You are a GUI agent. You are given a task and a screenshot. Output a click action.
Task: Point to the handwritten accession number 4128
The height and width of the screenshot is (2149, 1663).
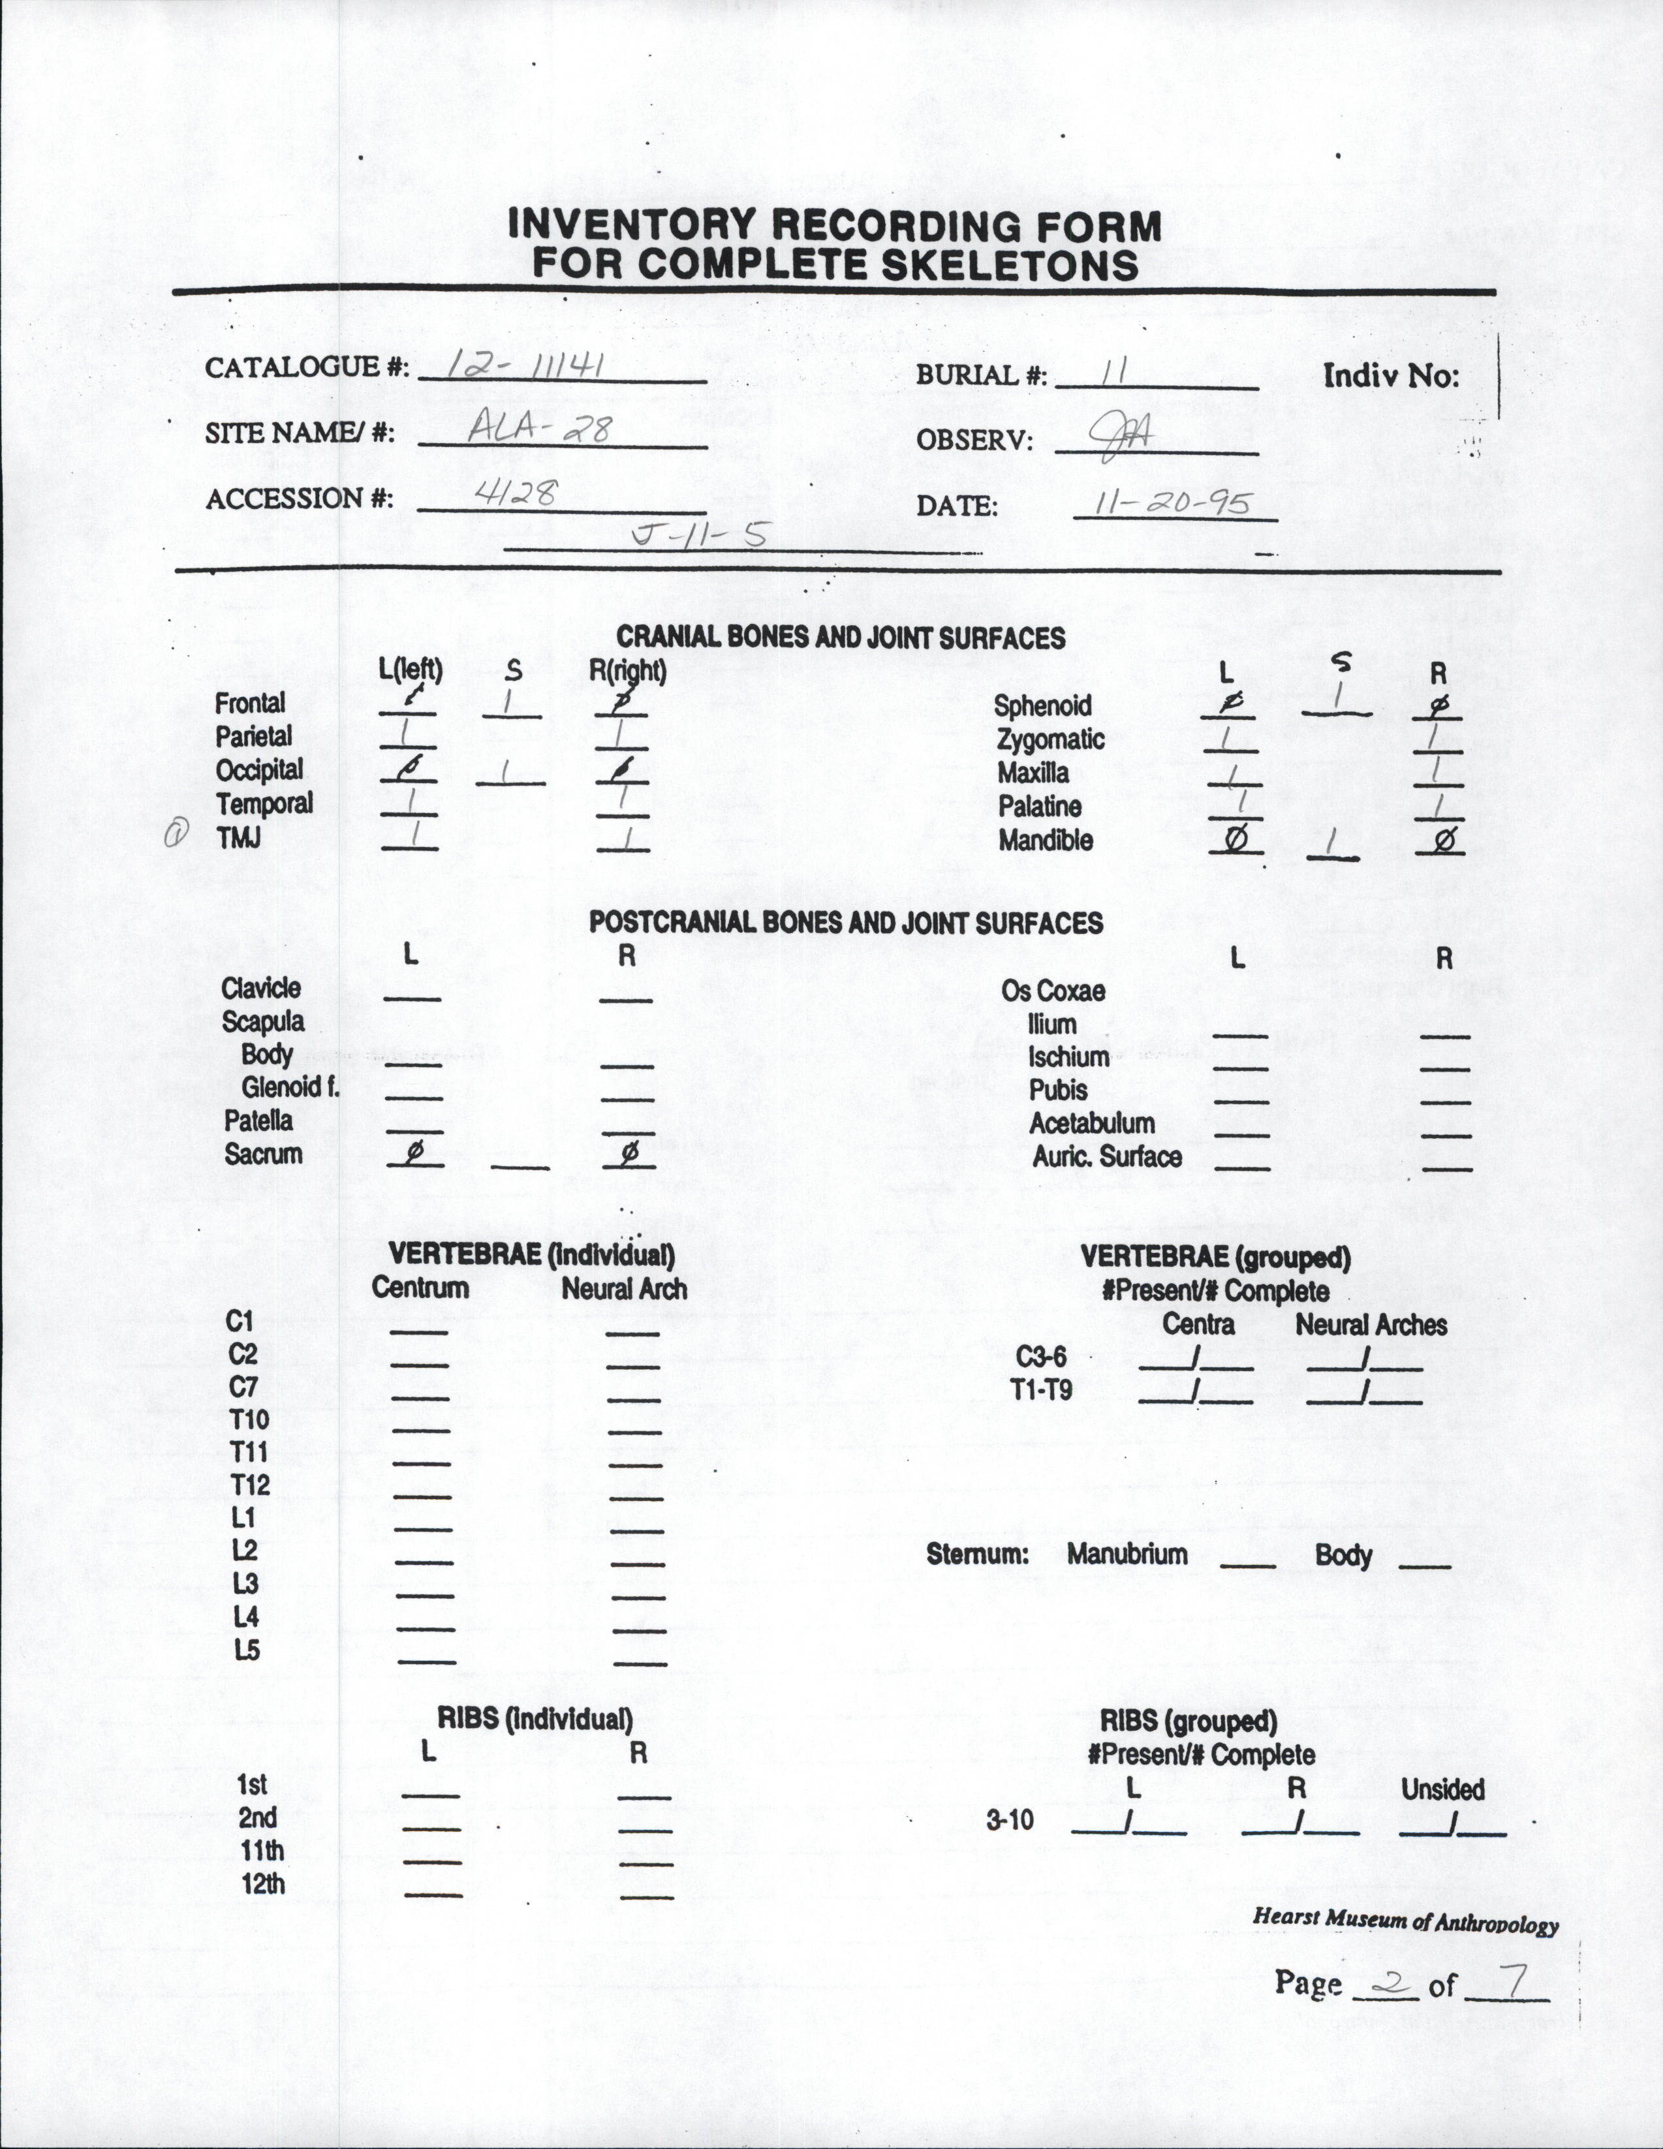tap(516, 493)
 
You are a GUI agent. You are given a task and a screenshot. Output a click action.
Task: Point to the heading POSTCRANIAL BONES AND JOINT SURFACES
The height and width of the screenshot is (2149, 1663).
tap(845, 923)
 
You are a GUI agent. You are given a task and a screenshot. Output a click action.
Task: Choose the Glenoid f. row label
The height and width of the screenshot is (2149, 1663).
tap(290, 1087)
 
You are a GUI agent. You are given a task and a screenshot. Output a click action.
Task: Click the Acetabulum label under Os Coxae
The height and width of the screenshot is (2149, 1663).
tap(1091, 1124)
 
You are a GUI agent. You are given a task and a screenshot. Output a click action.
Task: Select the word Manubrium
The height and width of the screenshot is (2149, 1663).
tap(1127, 1554)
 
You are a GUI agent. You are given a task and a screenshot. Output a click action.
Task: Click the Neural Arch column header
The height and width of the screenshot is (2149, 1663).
tap(624, 1289)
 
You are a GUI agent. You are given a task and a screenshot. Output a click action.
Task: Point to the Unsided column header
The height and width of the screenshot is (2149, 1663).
tap(1442, 1789)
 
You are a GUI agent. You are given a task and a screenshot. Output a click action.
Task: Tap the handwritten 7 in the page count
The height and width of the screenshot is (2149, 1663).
tap(1508, 1984)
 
